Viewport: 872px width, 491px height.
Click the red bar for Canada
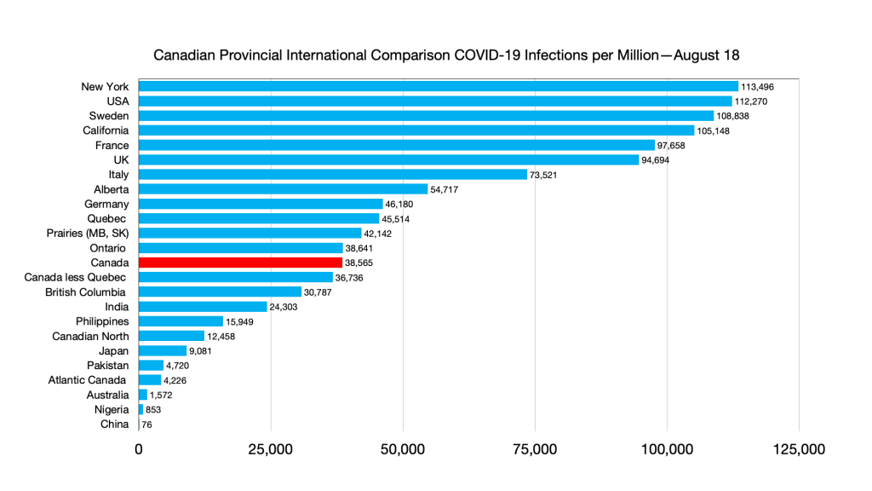click(x=240, y=263)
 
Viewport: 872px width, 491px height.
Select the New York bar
click(x=438, y=86)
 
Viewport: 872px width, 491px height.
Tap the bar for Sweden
click(x=426, y=115)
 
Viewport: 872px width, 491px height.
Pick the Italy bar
click(x=333, y=174)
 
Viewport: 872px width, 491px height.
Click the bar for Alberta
click(x=283, y=189)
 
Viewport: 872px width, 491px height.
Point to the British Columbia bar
click(x=220, y=292)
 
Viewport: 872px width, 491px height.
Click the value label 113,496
click(x=758, y=86)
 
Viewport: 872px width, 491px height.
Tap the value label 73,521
click(x=547, y=175)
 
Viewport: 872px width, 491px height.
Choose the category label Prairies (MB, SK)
click(x=88, y=233)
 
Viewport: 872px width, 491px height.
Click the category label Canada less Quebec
click(x=77, y=277)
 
